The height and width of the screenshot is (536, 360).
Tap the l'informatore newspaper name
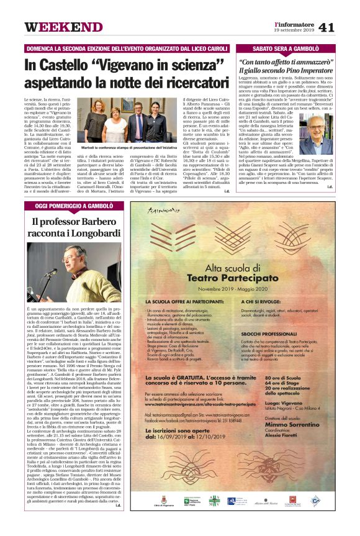click(x=294, y=23)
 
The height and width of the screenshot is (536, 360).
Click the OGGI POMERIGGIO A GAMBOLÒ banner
click(x=74, y=205)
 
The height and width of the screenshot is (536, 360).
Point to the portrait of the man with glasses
click(x=320, y=133)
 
